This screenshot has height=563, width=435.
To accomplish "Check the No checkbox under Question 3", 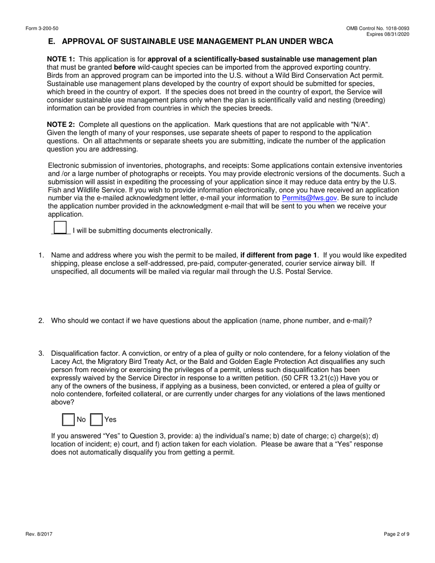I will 68,420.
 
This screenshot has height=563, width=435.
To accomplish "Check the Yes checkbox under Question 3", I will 96,420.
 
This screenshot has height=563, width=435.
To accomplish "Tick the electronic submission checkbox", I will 60,228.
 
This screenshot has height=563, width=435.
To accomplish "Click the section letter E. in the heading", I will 52,42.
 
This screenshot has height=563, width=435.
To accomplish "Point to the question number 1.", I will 41,255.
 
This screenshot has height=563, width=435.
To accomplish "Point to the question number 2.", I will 41,321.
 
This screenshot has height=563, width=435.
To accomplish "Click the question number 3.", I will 41,353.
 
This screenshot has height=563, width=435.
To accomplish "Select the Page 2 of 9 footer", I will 396,533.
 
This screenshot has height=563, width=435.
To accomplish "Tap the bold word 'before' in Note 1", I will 124,67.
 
